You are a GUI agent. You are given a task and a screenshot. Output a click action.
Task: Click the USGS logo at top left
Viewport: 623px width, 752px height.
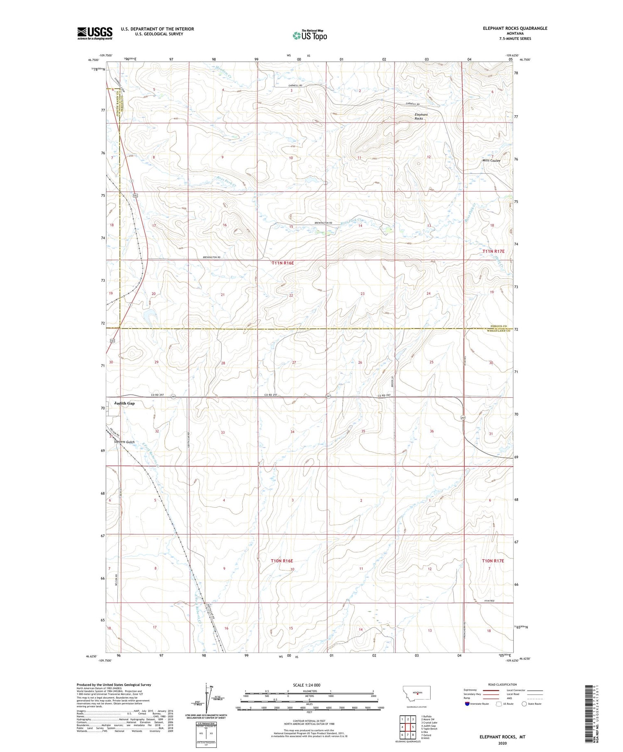pos(95,33)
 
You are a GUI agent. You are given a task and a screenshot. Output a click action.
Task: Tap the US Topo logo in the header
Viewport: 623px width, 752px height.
pos(309,36)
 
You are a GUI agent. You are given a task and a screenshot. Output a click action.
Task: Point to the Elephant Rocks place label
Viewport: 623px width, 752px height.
pos(421,117)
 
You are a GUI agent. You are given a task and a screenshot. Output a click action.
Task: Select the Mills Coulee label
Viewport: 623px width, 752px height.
pos(491,161)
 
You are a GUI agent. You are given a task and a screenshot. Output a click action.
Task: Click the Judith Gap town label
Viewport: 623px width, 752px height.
pos(125,403)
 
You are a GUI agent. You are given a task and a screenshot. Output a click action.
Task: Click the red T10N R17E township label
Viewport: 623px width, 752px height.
pos(493,561)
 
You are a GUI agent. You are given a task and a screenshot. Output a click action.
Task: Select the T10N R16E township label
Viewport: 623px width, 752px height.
pos(282,561)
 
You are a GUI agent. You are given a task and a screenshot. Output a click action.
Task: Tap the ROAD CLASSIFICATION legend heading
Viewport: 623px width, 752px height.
pos(503,684)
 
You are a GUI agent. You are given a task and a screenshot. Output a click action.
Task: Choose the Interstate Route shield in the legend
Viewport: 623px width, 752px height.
pos(467,704)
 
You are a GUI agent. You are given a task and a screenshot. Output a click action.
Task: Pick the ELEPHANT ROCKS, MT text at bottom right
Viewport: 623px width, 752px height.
pos(502,737)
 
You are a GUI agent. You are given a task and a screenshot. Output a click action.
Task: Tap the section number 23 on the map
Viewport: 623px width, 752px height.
pos(362,294)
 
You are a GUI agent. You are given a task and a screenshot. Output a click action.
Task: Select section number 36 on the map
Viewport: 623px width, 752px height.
pos(432,431)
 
